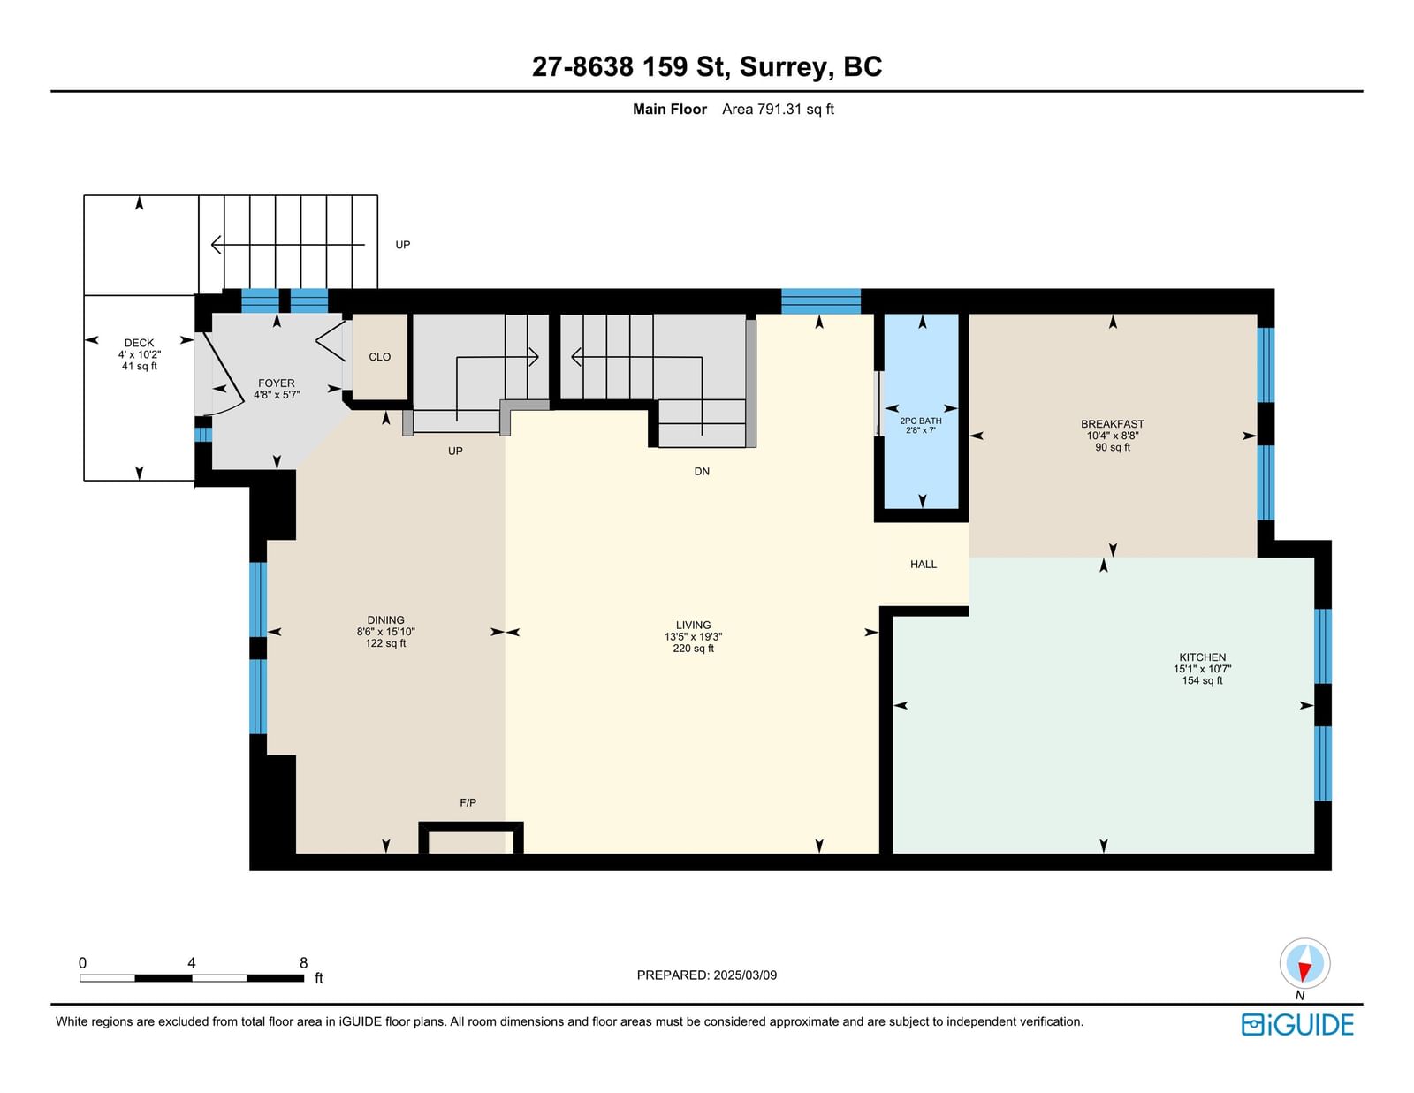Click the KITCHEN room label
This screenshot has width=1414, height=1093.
coord(1202,657)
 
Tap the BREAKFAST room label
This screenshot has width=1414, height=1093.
coord(1112,423)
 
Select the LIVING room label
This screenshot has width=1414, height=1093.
coord(693,625)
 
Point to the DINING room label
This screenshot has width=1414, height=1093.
coord(385,620)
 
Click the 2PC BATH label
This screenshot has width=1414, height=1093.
coord(920,421)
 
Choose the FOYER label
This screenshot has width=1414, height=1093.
coord(276,383)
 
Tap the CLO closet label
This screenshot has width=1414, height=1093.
coord(379,356)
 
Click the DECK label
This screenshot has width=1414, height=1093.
coord(140,342)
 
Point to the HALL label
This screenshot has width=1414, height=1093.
coord(924,564)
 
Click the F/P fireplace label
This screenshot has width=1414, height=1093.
coord(468,802)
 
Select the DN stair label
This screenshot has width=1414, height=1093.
coord(702,471)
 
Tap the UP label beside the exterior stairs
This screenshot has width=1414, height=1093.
coord(403,245)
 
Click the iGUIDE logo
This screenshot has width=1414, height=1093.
coord(1296,1025)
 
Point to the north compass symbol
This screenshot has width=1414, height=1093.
coord(1304,963)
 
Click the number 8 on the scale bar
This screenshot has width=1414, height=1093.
coord(303,963)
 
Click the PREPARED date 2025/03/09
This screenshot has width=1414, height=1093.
coord(745,975)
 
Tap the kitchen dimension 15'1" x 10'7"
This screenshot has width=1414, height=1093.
coord(1202,669)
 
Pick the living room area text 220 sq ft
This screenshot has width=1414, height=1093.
coord(693,648)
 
